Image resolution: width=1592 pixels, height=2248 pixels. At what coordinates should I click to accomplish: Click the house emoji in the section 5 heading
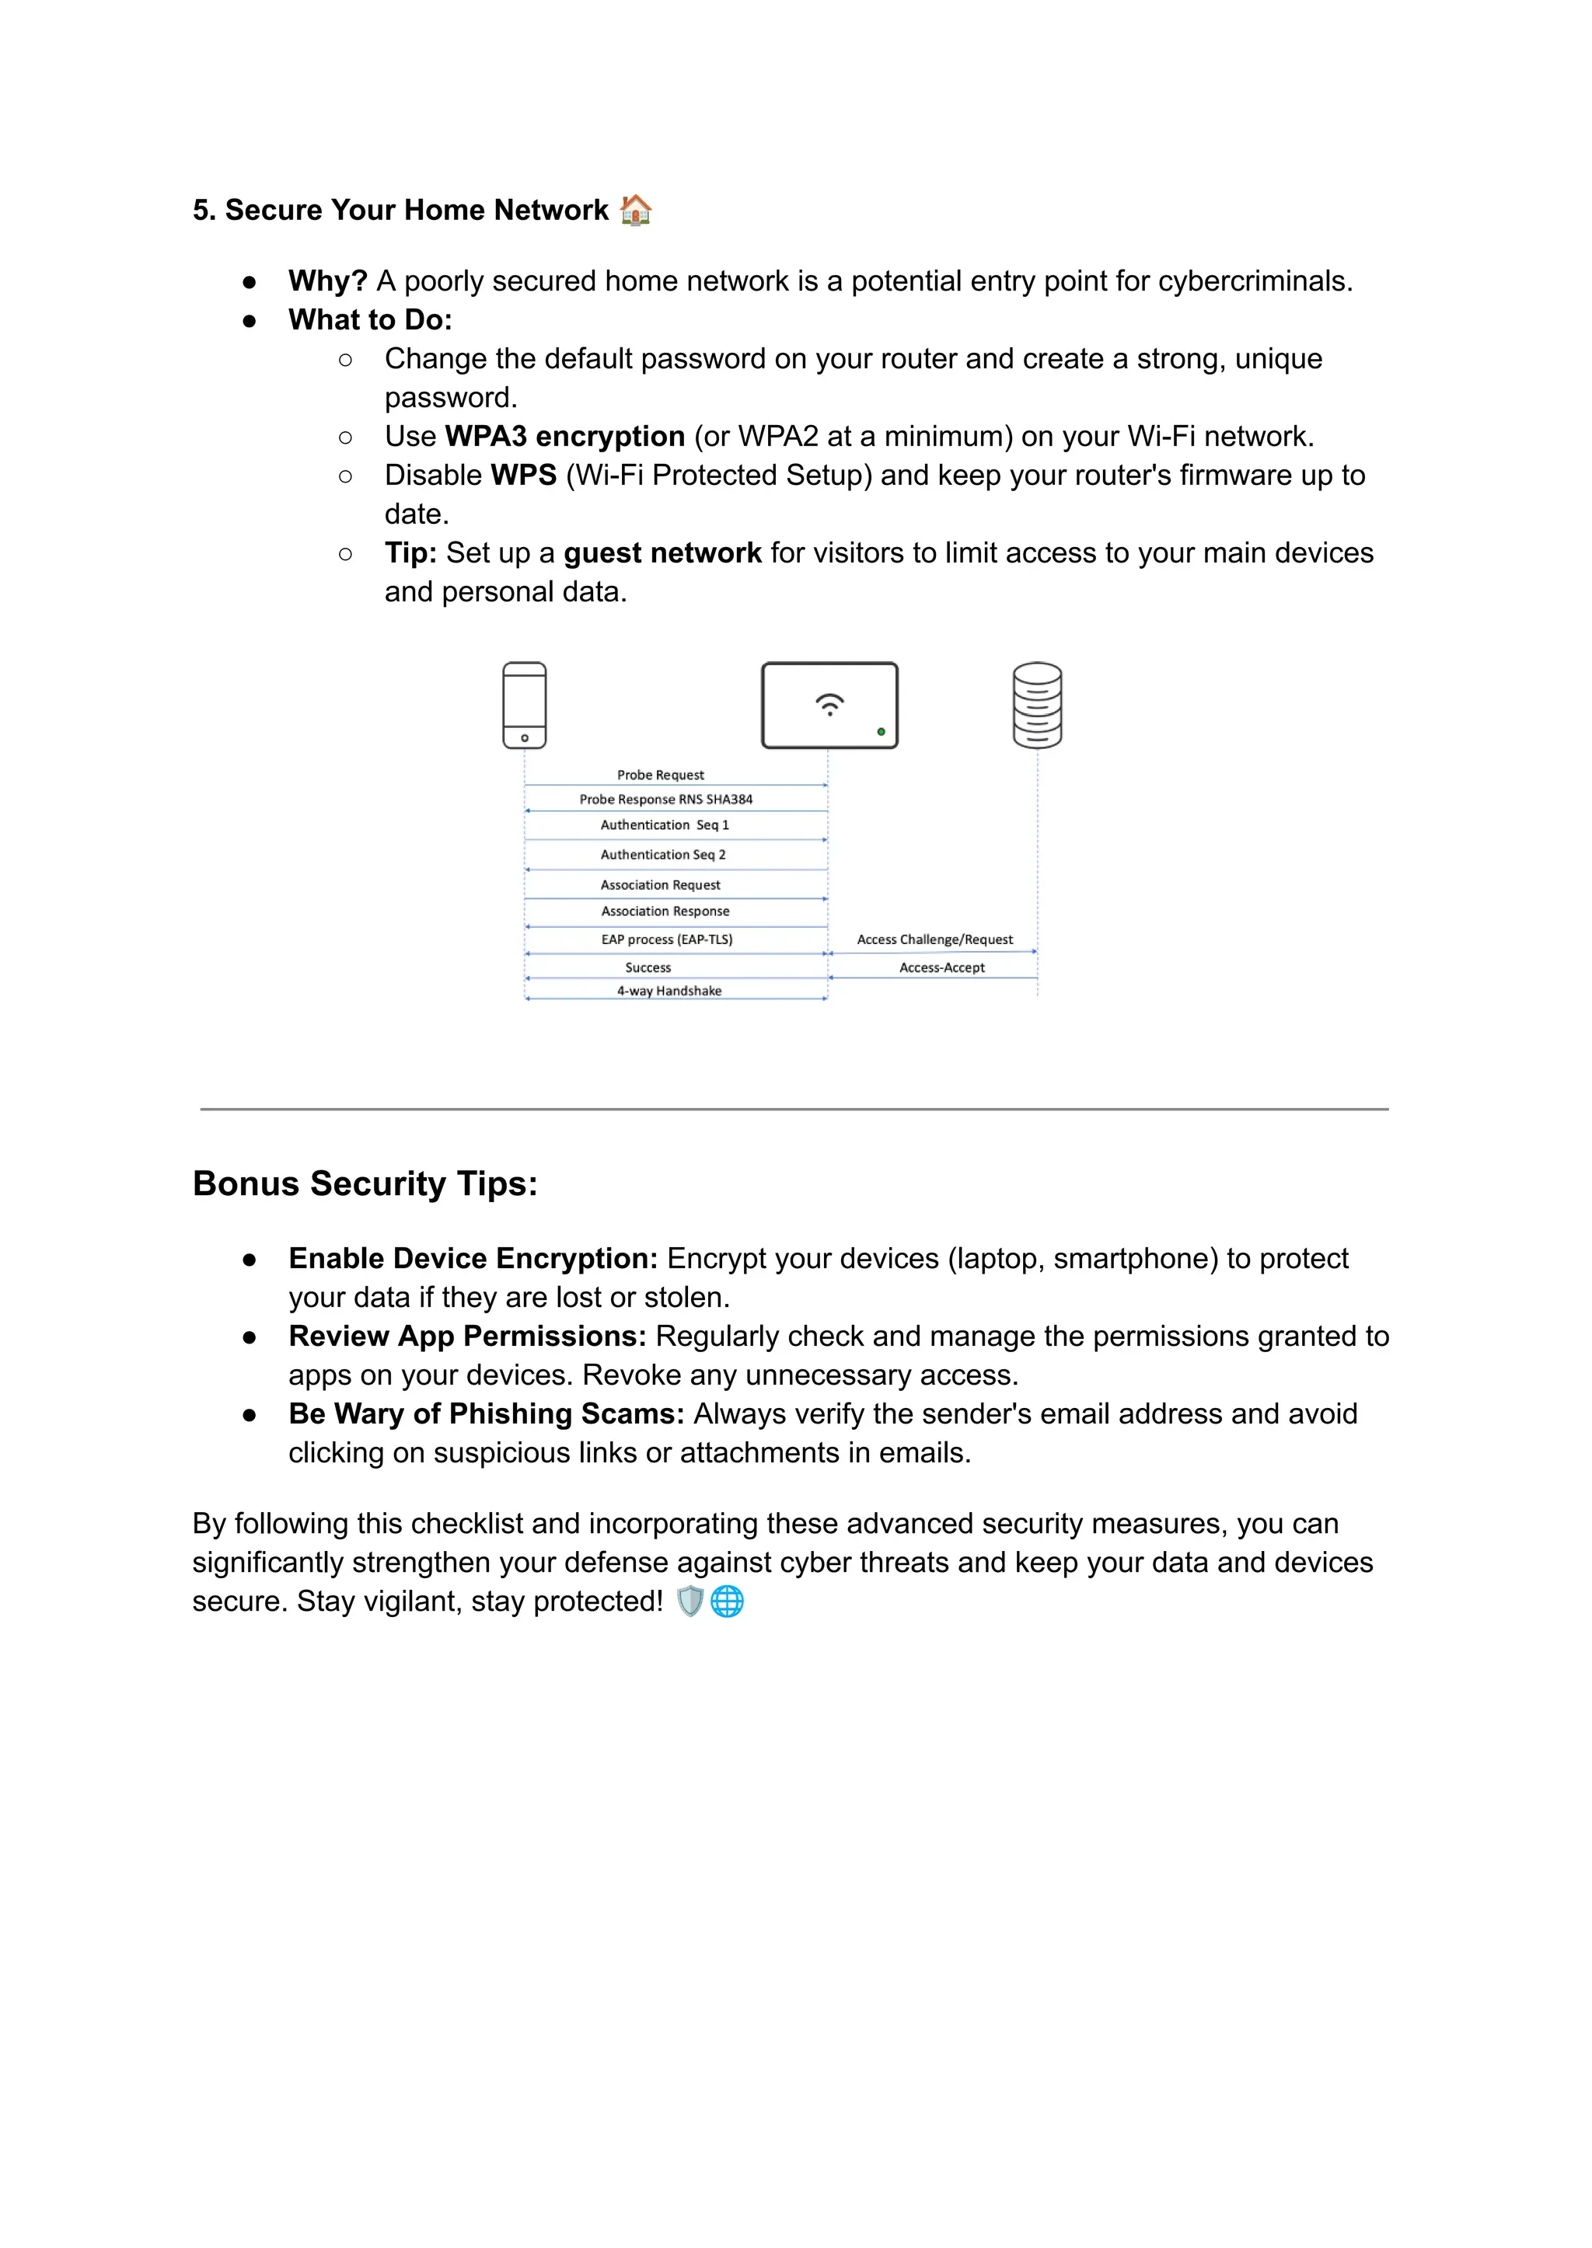tap(635, 210)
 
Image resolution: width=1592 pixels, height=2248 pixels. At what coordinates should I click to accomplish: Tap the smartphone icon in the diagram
tap(525, 706)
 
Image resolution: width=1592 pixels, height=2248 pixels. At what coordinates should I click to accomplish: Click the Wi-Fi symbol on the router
tap(829, 703)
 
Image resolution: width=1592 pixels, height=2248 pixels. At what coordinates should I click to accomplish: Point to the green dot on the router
tap(882, 731)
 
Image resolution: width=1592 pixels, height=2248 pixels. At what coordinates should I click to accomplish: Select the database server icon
tap(1037, 706)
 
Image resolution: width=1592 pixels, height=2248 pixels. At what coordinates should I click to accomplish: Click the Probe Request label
tap(660, 775)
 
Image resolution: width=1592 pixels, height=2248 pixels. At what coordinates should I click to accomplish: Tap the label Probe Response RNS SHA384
tap(665, 800)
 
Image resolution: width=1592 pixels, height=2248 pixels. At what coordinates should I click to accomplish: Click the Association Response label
tap(665, 911)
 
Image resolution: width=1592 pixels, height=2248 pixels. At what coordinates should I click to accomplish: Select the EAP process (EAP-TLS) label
tap(667, 939)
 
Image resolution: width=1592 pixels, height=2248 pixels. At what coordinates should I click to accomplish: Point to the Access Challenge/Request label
tap(934, 939)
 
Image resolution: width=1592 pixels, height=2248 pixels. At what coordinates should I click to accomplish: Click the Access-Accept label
tap(941, 967)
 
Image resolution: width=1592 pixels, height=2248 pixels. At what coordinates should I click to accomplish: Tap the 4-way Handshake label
tap(669, 991)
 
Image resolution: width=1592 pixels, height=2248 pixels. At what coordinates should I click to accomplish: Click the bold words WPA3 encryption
tap(564, 436)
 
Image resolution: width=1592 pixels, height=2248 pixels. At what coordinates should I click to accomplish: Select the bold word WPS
tap(523, 476)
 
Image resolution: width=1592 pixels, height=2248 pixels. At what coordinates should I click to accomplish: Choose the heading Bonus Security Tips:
tap(365, 1183)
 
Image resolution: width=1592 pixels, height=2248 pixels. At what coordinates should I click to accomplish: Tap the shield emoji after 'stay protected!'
tap(690, 1601)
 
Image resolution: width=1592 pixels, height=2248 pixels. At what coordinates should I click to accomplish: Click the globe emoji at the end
tap(726, 1601)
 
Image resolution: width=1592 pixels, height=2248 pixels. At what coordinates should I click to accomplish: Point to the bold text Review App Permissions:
tap(466, 1337)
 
